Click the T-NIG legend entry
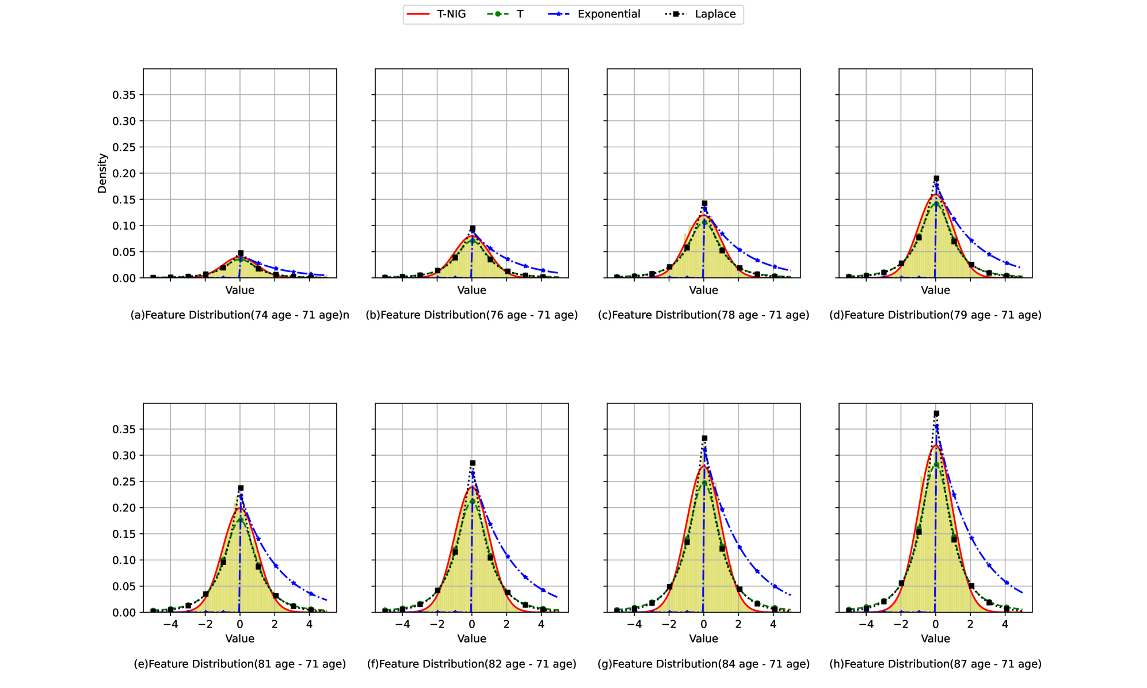pos(436,14)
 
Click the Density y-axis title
pos(102,173)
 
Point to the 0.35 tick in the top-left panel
pos(124,95)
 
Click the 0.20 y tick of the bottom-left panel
pos(124,508)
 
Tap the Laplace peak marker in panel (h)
pos(936,414)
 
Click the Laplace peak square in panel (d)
pos(936,179)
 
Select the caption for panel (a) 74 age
pos(239,315)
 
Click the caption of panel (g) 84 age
pos(703,664)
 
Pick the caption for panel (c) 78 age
pos(703,315)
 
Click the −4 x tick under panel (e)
pos(170,624)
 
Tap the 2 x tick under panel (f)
pos(506,624)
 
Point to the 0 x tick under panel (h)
pos(936,624)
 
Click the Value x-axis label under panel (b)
pos(471,291)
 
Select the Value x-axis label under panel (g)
pos(703,639)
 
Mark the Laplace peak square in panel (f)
pos(472,463)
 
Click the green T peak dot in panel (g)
pos(704,483)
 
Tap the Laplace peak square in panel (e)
pos(241,488)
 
